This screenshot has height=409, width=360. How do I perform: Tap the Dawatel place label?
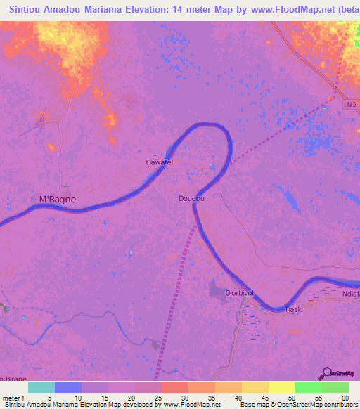click(159, 162)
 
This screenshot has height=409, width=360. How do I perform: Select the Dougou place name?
click(191, 199)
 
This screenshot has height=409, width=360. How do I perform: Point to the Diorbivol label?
click(238, 292)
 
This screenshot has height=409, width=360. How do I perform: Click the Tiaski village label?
click(292, 309)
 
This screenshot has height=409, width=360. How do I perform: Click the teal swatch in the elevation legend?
click(41, 387)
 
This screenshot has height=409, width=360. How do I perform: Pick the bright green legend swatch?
click(308, 387)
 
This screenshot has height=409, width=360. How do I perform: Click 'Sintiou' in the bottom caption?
click(14, 405)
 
